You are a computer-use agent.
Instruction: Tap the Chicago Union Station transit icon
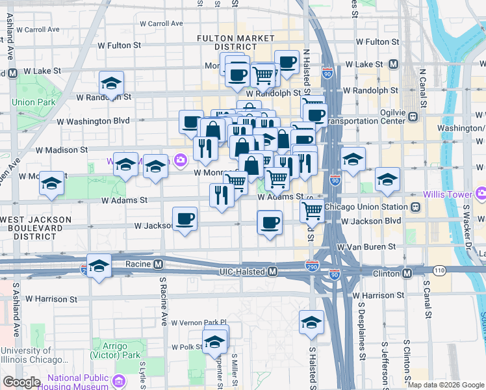point(415,207)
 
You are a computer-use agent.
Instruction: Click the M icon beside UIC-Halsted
point(274,271)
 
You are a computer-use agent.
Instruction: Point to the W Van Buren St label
point(366,247)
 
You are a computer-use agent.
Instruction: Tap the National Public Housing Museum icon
point(118,379)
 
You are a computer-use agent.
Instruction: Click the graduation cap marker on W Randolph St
point(112,84)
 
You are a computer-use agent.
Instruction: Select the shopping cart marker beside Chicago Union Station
point(312,211)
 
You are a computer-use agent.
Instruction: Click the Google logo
point(21,382)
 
